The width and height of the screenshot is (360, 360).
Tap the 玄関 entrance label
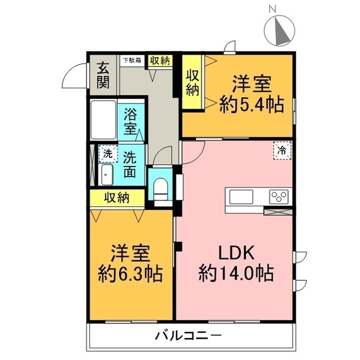[x=102, y=75]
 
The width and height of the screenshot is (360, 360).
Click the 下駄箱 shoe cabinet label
[x=133, y=60]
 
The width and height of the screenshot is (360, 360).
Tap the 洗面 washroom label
[x=130, y=164]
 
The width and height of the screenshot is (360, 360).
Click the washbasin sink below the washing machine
[x=106, y=175]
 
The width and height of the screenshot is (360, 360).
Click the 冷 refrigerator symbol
[x=282, y=150]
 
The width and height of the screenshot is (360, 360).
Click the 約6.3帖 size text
[x=130, y=274]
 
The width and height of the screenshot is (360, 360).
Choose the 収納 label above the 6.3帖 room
[x=117, y=198]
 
